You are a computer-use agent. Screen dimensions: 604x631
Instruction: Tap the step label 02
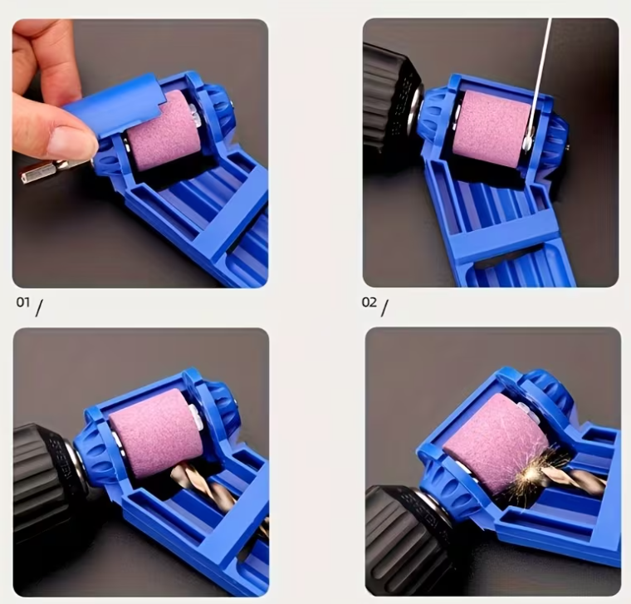pyautogui.click(x=369, y=302)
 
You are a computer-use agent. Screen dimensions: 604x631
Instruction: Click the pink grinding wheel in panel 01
pyautogui.click(x=163, y=128)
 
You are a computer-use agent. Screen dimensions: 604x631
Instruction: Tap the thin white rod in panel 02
pyautogui.click(x=539, y=75)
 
